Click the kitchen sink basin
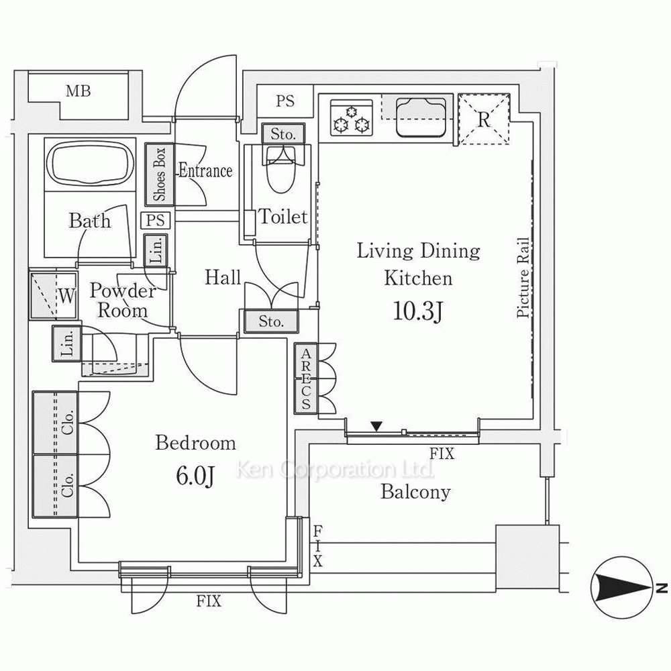421,117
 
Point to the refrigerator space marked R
484,119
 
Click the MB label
79,91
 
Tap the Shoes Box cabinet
159,174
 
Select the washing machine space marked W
54,295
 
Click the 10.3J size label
418,311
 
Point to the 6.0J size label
195,476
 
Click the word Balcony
415,492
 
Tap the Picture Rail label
523,277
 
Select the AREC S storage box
305,378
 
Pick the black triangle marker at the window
376,426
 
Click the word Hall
223,277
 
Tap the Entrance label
205,170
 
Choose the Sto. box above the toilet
283,134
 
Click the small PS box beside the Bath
156,220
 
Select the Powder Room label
123,301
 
